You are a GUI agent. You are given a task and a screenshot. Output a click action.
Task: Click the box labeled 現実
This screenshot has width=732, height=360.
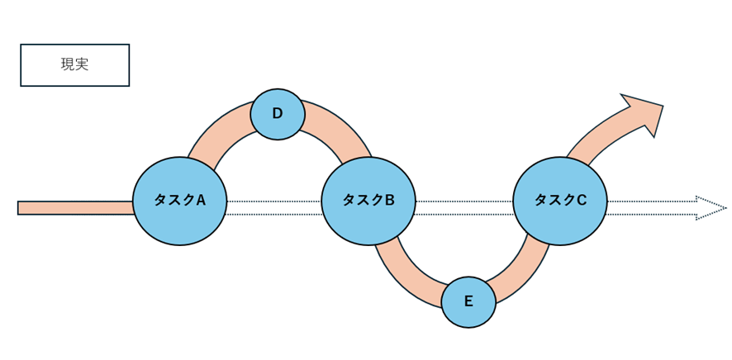74,65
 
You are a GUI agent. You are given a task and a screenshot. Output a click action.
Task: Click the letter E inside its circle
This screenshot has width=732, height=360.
468,301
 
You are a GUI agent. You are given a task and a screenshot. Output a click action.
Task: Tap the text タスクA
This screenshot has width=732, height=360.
179,200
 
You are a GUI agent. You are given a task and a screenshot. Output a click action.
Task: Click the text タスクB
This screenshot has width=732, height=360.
368,200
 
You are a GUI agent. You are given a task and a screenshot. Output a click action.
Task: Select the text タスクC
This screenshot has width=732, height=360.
560,200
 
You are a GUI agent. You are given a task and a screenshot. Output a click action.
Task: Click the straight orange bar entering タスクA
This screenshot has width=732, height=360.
74,207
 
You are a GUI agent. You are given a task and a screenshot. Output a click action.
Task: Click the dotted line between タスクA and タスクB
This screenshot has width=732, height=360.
273,207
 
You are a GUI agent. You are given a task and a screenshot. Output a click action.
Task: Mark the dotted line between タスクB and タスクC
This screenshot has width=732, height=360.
463,207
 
